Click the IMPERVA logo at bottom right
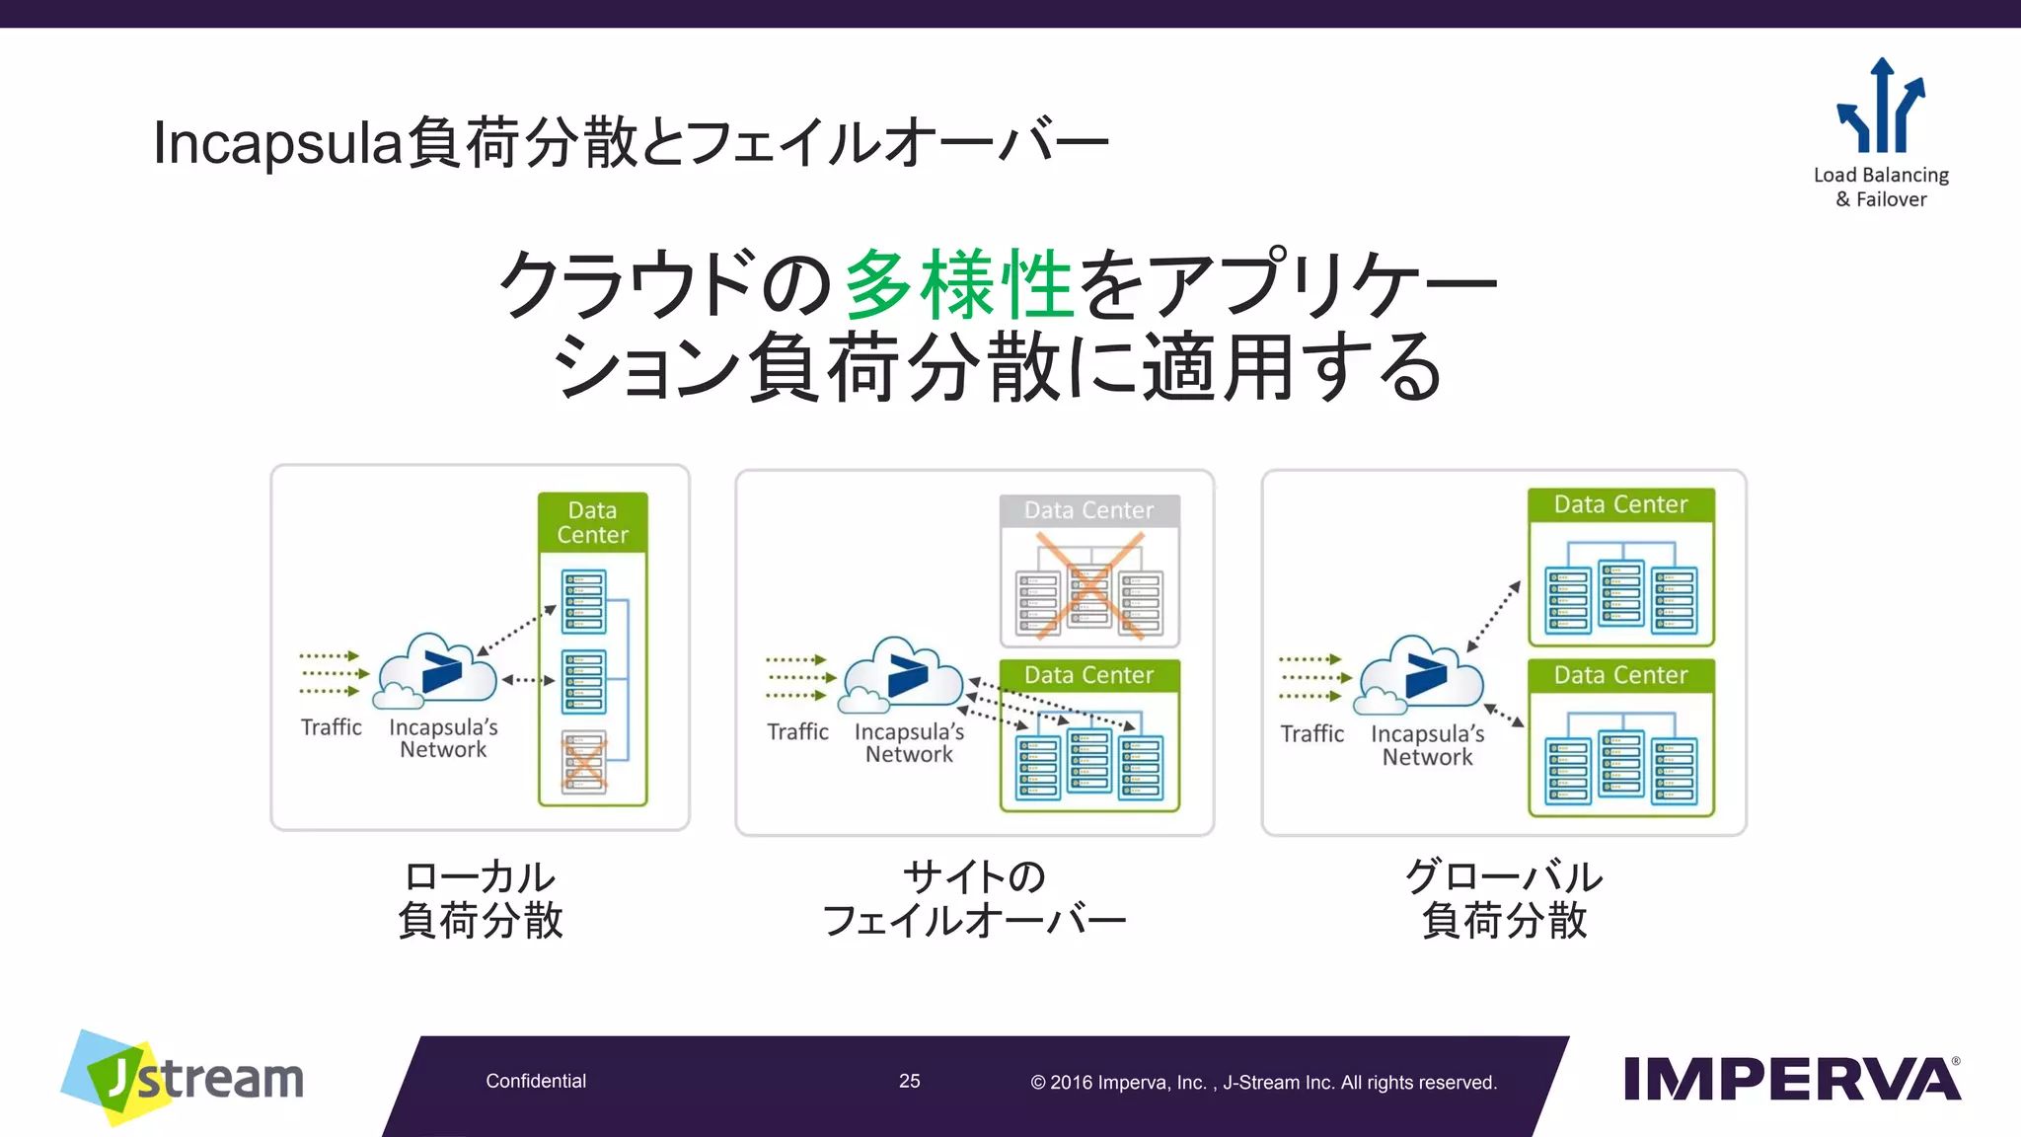coord(1791,1079)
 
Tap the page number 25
coord(909,1081)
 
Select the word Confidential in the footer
coord(536,1081)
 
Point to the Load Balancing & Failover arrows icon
coord(1881,107)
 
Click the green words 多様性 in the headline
coord(959,284)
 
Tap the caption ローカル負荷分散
coord(481,898)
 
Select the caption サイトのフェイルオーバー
coord(974,898)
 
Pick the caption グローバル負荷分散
coord(1504,898)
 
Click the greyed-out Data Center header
coord(1089,510)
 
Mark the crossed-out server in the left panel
coord(584,762)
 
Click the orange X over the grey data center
coord(1089,584)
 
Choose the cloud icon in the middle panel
coord(902,675)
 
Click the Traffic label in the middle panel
coord(797,731)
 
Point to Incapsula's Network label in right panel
coord(1427,745)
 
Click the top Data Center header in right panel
coord(1620,504)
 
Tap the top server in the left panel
coord(583,601)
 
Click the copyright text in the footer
coord(1263,1083)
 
